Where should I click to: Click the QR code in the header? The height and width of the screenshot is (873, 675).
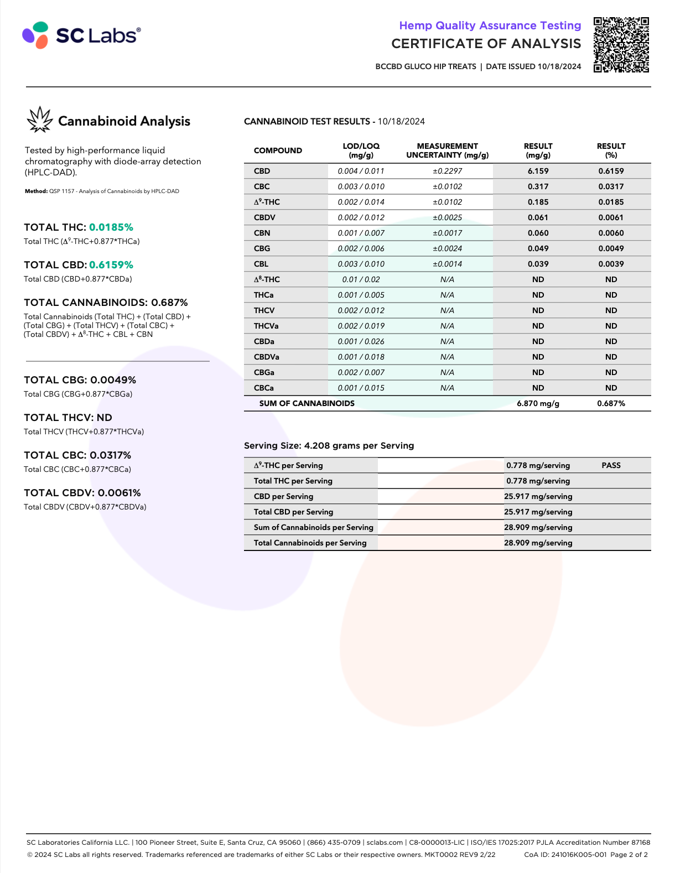tap(621, 45)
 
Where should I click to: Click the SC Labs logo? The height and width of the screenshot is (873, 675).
tap(81, 35)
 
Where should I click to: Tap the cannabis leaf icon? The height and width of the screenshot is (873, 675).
tap(39, 120)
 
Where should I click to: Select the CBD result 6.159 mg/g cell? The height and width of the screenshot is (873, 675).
tap(538, 171)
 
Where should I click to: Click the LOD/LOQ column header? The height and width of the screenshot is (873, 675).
tap(361, 150)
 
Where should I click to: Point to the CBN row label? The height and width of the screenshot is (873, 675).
tap(262, 233)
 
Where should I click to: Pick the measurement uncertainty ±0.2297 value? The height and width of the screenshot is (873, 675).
tap(447, 171)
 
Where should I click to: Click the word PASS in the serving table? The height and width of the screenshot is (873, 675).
tap(611, 465)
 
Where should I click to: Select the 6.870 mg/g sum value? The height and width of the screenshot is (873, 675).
tap(538, 403)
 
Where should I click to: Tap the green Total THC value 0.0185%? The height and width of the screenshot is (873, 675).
tap(111, 227)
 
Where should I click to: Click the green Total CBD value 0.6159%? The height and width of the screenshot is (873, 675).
tap(111, 265)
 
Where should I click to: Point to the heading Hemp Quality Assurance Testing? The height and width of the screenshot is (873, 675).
tap(490, 25)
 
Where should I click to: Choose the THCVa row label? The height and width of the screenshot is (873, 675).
tap(266, 326)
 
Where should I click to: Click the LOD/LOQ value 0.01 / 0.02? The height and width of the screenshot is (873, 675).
tap(361, 279)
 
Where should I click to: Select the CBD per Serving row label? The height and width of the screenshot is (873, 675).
tap(283, 496)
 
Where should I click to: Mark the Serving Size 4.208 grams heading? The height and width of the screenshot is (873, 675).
tap(329, 445)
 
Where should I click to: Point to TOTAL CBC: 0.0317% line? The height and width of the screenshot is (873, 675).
tap(77, 455)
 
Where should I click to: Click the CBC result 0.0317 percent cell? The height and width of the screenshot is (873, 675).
tap(611, 186)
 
